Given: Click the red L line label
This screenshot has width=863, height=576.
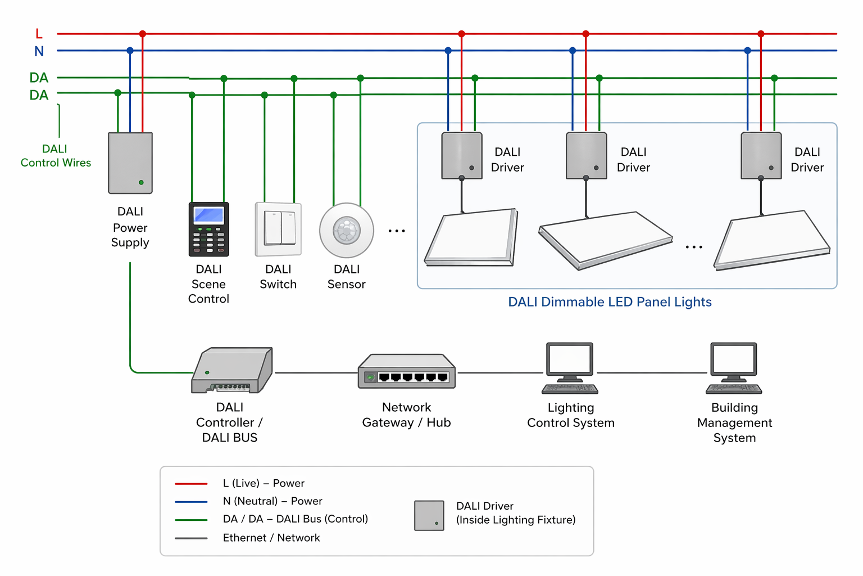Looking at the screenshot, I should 39,34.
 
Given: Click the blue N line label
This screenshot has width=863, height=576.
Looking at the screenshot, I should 39,51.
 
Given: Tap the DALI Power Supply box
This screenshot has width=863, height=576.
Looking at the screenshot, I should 130,163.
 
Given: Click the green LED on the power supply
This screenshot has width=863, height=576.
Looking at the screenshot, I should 141,182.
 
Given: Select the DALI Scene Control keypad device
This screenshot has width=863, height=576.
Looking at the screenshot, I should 208,229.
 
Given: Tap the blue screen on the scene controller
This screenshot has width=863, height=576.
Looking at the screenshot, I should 208,215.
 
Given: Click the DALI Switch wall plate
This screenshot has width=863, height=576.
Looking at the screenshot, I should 279,229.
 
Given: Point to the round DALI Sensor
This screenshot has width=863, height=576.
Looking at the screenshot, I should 347,231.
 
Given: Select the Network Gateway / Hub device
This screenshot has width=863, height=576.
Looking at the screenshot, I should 407,372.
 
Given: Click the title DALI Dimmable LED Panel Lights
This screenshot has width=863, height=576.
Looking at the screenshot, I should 610,302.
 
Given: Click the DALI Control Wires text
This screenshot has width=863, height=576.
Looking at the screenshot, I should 56,156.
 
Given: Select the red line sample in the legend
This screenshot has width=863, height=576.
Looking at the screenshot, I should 191,483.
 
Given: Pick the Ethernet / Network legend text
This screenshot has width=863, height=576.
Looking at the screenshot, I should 271,538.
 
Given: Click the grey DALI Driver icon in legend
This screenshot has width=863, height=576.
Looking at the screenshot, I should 429,515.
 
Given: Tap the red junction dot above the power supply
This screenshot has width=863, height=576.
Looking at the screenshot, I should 143,34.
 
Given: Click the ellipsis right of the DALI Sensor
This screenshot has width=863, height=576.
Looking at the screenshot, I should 397,231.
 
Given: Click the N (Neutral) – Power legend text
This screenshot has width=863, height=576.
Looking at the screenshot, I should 272,501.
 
